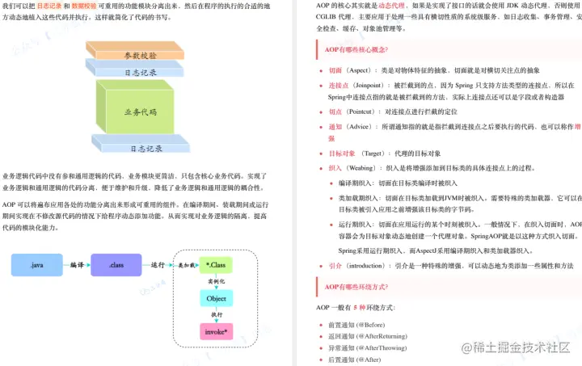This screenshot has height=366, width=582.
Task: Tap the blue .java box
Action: [38, 264]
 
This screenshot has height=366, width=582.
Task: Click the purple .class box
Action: [116, 264]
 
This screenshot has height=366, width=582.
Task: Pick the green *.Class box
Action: [217, 264]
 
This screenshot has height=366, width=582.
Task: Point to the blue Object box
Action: [217, 298]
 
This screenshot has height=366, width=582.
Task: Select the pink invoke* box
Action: [217, 331]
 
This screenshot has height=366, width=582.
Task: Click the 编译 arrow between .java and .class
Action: [77, 264]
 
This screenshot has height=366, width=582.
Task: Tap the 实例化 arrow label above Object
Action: [217, 281]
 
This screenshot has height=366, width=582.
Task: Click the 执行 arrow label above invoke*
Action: [217, 314]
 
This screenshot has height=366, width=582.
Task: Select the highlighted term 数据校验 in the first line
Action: [84, 5]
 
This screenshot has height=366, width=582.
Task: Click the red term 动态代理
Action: [391, 5]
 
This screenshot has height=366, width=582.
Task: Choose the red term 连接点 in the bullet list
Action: [338, 85]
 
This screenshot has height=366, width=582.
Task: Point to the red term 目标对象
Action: [342, 154]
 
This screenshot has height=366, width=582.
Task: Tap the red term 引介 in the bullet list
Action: [335, 265]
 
